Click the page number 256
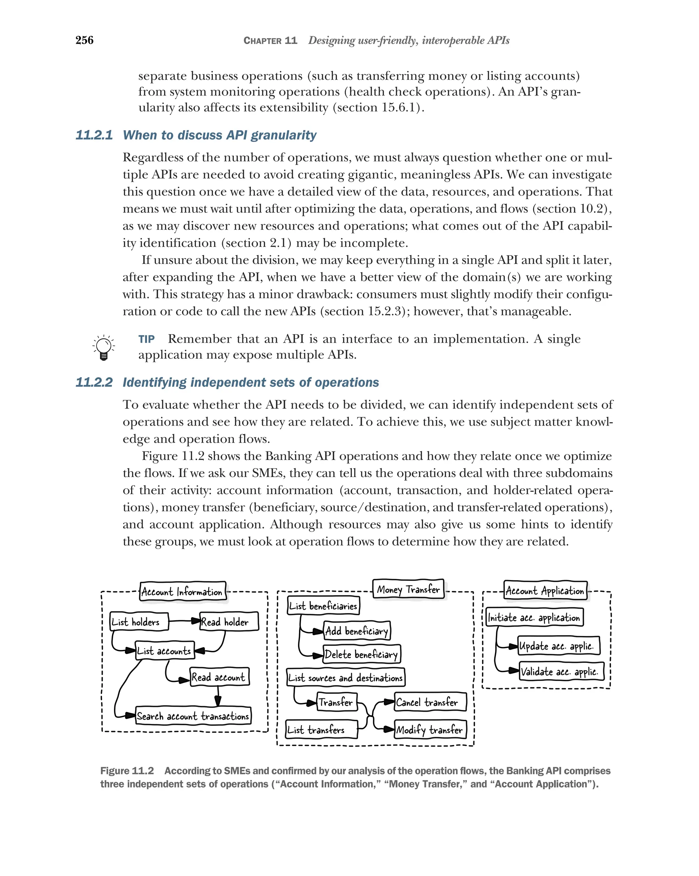(x=84, y=40)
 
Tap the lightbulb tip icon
(x=104, y=348)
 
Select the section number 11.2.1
(x=94, y=135)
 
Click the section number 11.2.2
(x=94, y=382)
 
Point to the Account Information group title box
(x=182, y=592)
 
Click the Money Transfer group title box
(x=408, y=589)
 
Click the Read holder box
(x=229, y=622)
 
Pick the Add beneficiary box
(x=357, y=630)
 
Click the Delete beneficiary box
(x=361, y=654)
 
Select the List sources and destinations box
(x=346, y=677)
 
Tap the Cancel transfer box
(x=430, y=702)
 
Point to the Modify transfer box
(x=430, y=730)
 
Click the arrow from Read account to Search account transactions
(x=218, y=696)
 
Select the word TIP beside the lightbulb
(x=146, y=339)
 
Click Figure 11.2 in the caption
(x=127, y=771)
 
